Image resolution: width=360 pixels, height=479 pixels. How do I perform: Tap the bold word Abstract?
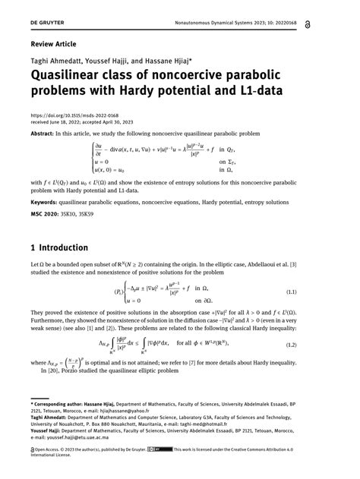pyautogui.click(x=46, y=133)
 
